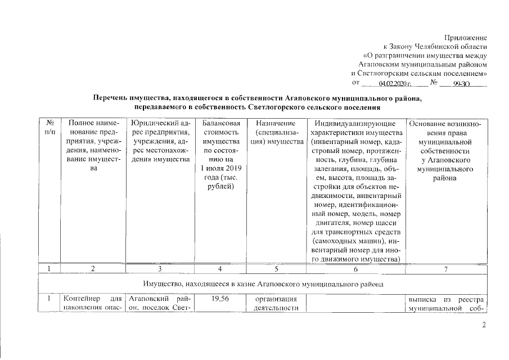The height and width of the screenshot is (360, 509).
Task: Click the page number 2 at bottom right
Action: coord(483,326)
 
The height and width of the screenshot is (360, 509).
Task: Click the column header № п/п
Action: coord(49,127)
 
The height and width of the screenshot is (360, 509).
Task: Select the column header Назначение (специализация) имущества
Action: coord(276,132)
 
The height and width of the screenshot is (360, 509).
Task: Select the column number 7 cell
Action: coord(446,269)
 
